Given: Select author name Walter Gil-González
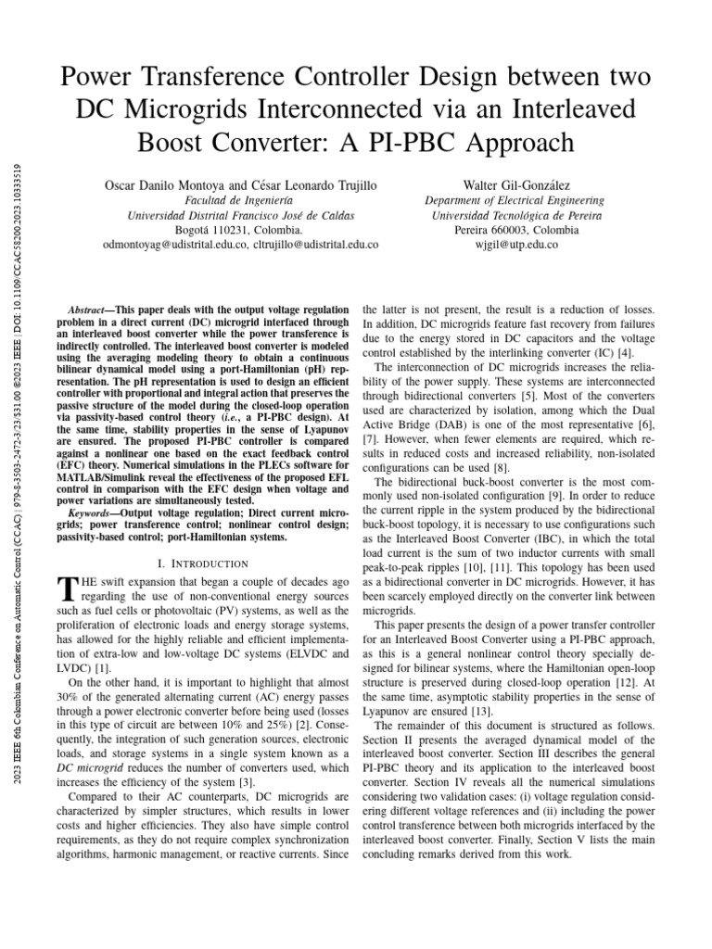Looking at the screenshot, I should click(515, 185).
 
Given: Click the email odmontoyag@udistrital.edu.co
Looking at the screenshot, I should click(175, 245).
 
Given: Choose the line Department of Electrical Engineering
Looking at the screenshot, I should click(515, 200).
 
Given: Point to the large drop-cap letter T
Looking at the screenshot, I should click(65, 588).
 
